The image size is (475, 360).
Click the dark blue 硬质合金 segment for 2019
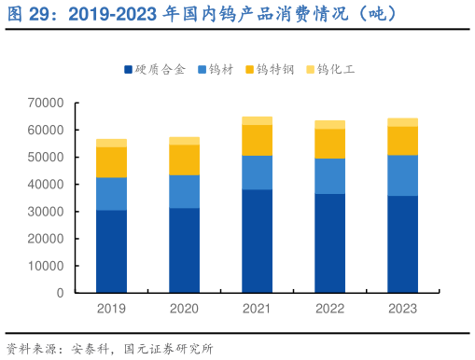click(x=111, y=251)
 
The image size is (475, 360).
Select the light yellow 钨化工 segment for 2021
click(x=257, y=120)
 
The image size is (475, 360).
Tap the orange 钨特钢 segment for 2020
click(x=184, y=159)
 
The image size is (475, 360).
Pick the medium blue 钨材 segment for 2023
click(x=402, y=175)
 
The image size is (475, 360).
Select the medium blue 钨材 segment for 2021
click(x=257, y=173)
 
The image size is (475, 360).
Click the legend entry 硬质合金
click(x=154, y=70)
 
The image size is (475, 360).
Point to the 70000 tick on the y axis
click(x=46, y=103)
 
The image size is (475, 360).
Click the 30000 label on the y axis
click(x=46, y=212)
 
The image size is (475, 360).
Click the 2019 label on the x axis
click(x=111, y=308)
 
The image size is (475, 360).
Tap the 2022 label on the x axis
click(x=329, y=308)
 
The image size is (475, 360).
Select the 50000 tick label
click(x=46, y=158)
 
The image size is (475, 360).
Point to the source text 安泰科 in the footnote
click(x=90, y=350)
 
